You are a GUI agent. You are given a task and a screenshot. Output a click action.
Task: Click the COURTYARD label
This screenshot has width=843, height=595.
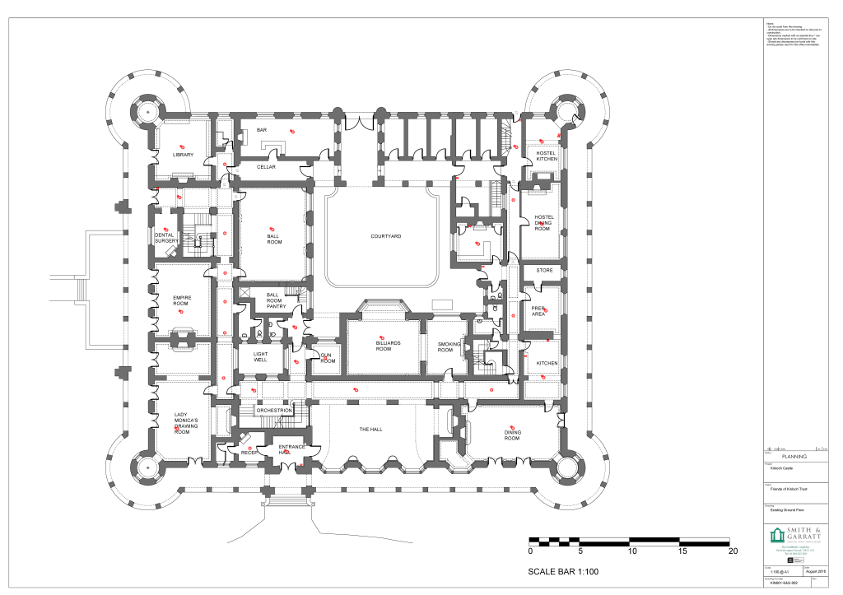click(385, 236)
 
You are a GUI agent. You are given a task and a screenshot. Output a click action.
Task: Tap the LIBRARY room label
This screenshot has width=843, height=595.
click(183, 155)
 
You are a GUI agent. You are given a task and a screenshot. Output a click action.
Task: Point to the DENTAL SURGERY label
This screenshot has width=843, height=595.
click(165, 238)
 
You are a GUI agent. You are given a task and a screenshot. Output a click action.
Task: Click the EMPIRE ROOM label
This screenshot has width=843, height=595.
click(181, 300)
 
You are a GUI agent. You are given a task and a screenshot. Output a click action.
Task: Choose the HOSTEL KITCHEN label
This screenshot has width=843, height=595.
click(547, 156)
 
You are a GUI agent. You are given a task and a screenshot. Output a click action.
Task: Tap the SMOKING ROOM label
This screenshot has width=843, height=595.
click(445, 346)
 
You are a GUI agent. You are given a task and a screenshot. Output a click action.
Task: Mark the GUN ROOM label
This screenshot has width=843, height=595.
click(328, 358)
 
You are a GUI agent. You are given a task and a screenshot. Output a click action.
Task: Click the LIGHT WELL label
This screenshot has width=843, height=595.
click(260, 356)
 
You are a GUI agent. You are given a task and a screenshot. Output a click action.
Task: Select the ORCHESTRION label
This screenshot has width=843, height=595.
click(274, 410)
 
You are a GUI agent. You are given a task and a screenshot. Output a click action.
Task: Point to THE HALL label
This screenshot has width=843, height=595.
click(370, 430)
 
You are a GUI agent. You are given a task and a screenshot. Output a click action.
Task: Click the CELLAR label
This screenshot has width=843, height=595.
click(266, 167)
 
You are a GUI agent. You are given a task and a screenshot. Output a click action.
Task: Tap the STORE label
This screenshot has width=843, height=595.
click(545, 270)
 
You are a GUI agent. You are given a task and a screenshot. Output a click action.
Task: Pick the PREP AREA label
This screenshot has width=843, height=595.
click(539, 311)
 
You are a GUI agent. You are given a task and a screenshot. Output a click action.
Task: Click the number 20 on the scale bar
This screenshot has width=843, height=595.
click(732, 552)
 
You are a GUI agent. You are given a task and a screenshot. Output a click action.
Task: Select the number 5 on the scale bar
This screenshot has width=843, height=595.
click(580, 552)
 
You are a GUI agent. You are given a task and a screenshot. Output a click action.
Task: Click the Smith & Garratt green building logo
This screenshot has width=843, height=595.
click(777, 536)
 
